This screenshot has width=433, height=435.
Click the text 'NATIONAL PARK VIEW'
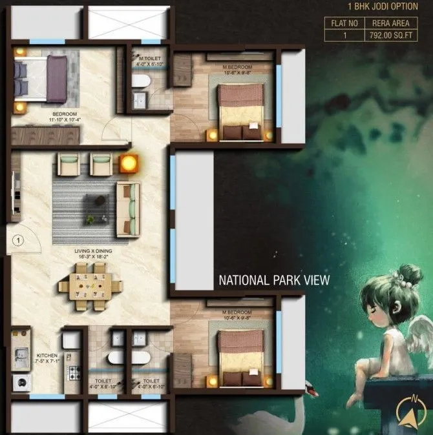(274, 280)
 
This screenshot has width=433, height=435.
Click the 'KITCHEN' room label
(47, 355)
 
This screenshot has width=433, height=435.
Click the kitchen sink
(21, 354)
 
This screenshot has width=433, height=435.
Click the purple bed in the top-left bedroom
(42, 78)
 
